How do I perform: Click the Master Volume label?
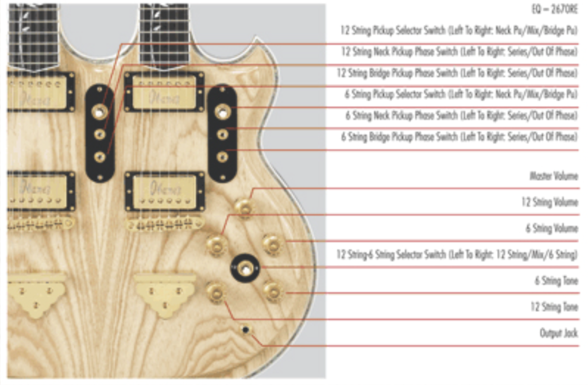pos(554,176)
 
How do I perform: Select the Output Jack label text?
pos(558,333)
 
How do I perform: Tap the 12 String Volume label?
pos(549,202)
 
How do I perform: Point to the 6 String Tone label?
pos(556,281)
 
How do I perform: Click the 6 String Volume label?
pos(551,229)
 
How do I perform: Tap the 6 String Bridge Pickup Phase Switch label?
pos(459,137)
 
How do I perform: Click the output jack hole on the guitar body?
pos(246,330)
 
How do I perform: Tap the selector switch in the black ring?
pos(246,268)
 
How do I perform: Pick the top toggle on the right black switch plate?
pos(223,111)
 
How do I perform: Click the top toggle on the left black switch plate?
pos(100,112)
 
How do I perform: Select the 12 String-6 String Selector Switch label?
pos(457,255)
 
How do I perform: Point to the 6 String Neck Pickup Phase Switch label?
pos(461,115)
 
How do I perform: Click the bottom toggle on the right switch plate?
pos(222,156)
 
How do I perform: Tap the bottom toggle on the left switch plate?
pos(100,156)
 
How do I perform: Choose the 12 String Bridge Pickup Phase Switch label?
pos(457,73)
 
